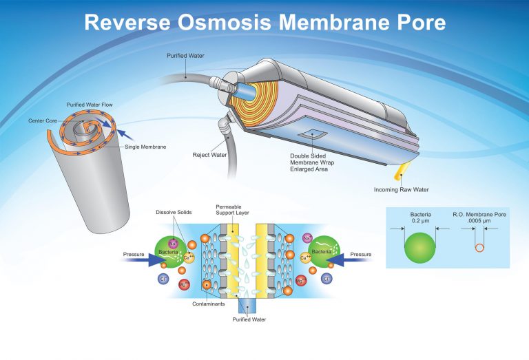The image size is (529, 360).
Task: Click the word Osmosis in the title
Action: pyautogui.click(x=225, y=22)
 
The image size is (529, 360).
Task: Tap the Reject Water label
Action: pyautogui.click(x=209, y=155)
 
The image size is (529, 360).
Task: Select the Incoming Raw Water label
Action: pyautogui.click(x=401, y=190)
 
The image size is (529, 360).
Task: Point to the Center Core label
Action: pyautogui.click(x=43, y=120)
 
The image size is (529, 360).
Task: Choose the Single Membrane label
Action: pyautogui.click(x=145, y=147)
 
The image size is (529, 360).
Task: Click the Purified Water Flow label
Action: pyautogui.click(x=90, y=105)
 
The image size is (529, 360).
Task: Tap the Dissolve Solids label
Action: pyautogui.click(x=174, y=213)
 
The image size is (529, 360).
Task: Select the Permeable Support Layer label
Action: pyautogui.click(x=232, y=210)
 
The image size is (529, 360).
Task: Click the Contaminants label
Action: pyautogui.click(x=209, y=304)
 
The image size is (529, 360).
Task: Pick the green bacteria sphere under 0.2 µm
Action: pyautogui.click(x=420, y=248)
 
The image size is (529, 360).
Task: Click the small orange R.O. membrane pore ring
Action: pyautogui.click(x=479, y=248)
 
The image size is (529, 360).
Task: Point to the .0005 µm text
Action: pyautogui.click(x=479, y=221)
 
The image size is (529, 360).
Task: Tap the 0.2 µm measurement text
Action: pyautogui.click(x=420, y=221)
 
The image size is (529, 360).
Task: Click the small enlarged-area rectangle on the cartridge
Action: pyautogui.click(x=313, y=134)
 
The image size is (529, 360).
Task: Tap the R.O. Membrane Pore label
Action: pyautogui.click(x=479, y=215)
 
